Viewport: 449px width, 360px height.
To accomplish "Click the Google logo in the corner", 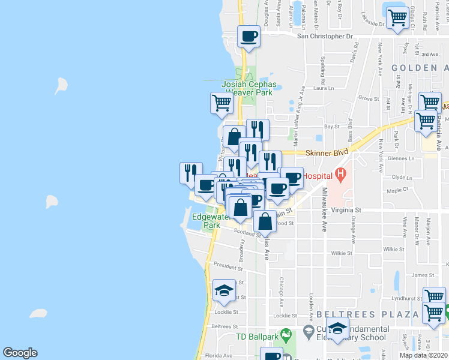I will click(x=20, y=353).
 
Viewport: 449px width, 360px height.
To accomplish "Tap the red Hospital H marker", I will click(x=341, y=176).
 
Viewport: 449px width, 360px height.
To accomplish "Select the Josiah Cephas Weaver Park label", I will click(x=247, y=88).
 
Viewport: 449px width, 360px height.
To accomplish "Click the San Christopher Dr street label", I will click(x=325, y=36).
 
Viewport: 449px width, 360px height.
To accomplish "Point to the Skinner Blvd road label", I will click(x=327, y=154).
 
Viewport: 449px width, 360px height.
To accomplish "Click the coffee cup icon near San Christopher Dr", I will click(x=249, y=37).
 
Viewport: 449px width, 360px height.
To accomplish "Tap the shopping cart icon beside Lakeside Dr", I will click(x=397, y=19).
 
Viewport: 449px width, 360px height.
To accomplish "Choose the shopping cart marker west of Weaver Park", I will click(x=221, y=103).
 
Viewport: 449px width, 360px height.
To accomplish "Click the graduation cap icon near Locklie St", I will click(x=224, y=292).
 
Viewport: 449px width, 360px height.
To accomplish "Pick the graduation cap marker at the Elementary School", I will click(x=338, y=328).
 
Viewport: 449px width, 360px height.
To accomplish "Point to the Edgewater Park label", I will click(x=210, y=221).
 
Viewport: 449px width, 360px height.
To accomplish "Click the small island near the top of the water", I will click(x=61, y=86).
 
